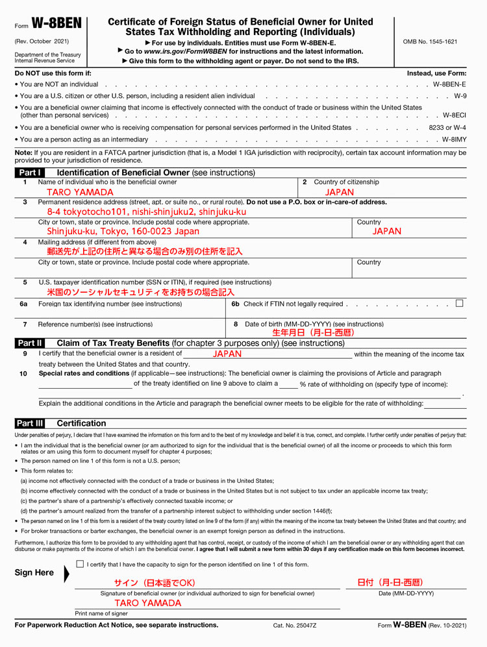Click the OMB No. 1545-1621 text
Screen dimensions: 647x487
click(x=430, y=42)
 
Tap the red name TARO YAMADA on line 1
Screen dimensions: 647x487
click(x=80, y=192)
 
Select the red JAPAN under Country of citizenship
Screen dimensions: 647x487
click(x=340, y=192)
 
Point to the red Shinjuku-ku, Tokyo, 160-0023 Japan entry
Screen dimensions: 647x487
click(x=123, y=231)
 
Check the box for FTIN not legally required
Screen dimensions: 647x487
click(x=460, y=303)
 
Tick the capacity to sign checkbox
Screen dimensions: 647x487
click(x=80, y=564)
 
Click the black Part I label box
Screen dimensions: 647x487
click(x=31, y=173)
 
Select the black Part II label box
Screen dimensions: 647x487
click(x=31, y=343)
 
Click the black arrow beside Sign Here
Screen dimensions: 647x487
click(x=67, y=574)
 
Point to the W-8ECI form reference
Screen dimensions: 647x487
click(x=454, y=115)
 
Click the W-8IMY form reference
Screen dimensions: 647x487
click(x=454, y=140)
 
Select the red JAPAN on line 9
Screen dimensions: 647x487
click(x=227, y=354)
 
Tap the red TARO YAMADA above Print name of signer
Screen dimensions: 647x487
click(x=147, y=603)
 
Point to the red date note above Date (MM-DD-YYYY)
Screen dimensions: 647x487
click(x=390, y=582)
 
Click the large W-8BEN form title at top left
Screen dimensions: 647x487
click(x=56, y=24)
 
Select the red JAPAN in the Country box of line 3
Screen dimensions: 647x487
click(x=387, y=231)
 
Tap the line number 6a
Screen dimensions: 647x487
click(x=24, y=304)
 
